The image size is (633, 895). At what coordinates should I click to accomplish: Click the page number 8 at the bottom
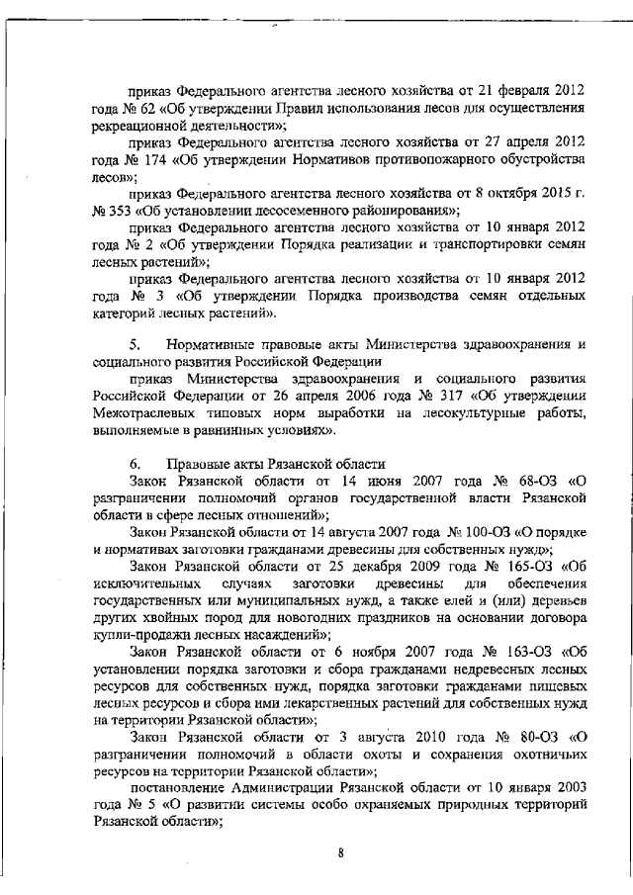coord(339,856)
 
